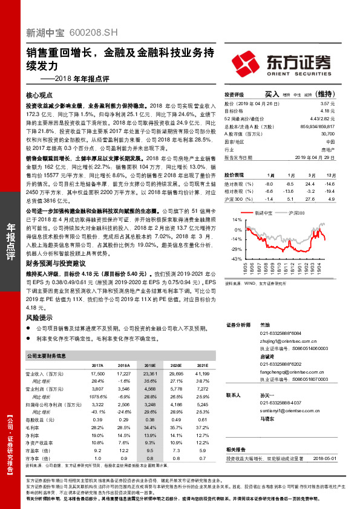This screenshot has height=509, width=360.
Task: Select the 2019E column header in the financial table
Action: point(149,366)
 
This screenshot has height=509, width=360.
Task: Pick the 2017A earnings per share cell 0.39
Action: point(97,420)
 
